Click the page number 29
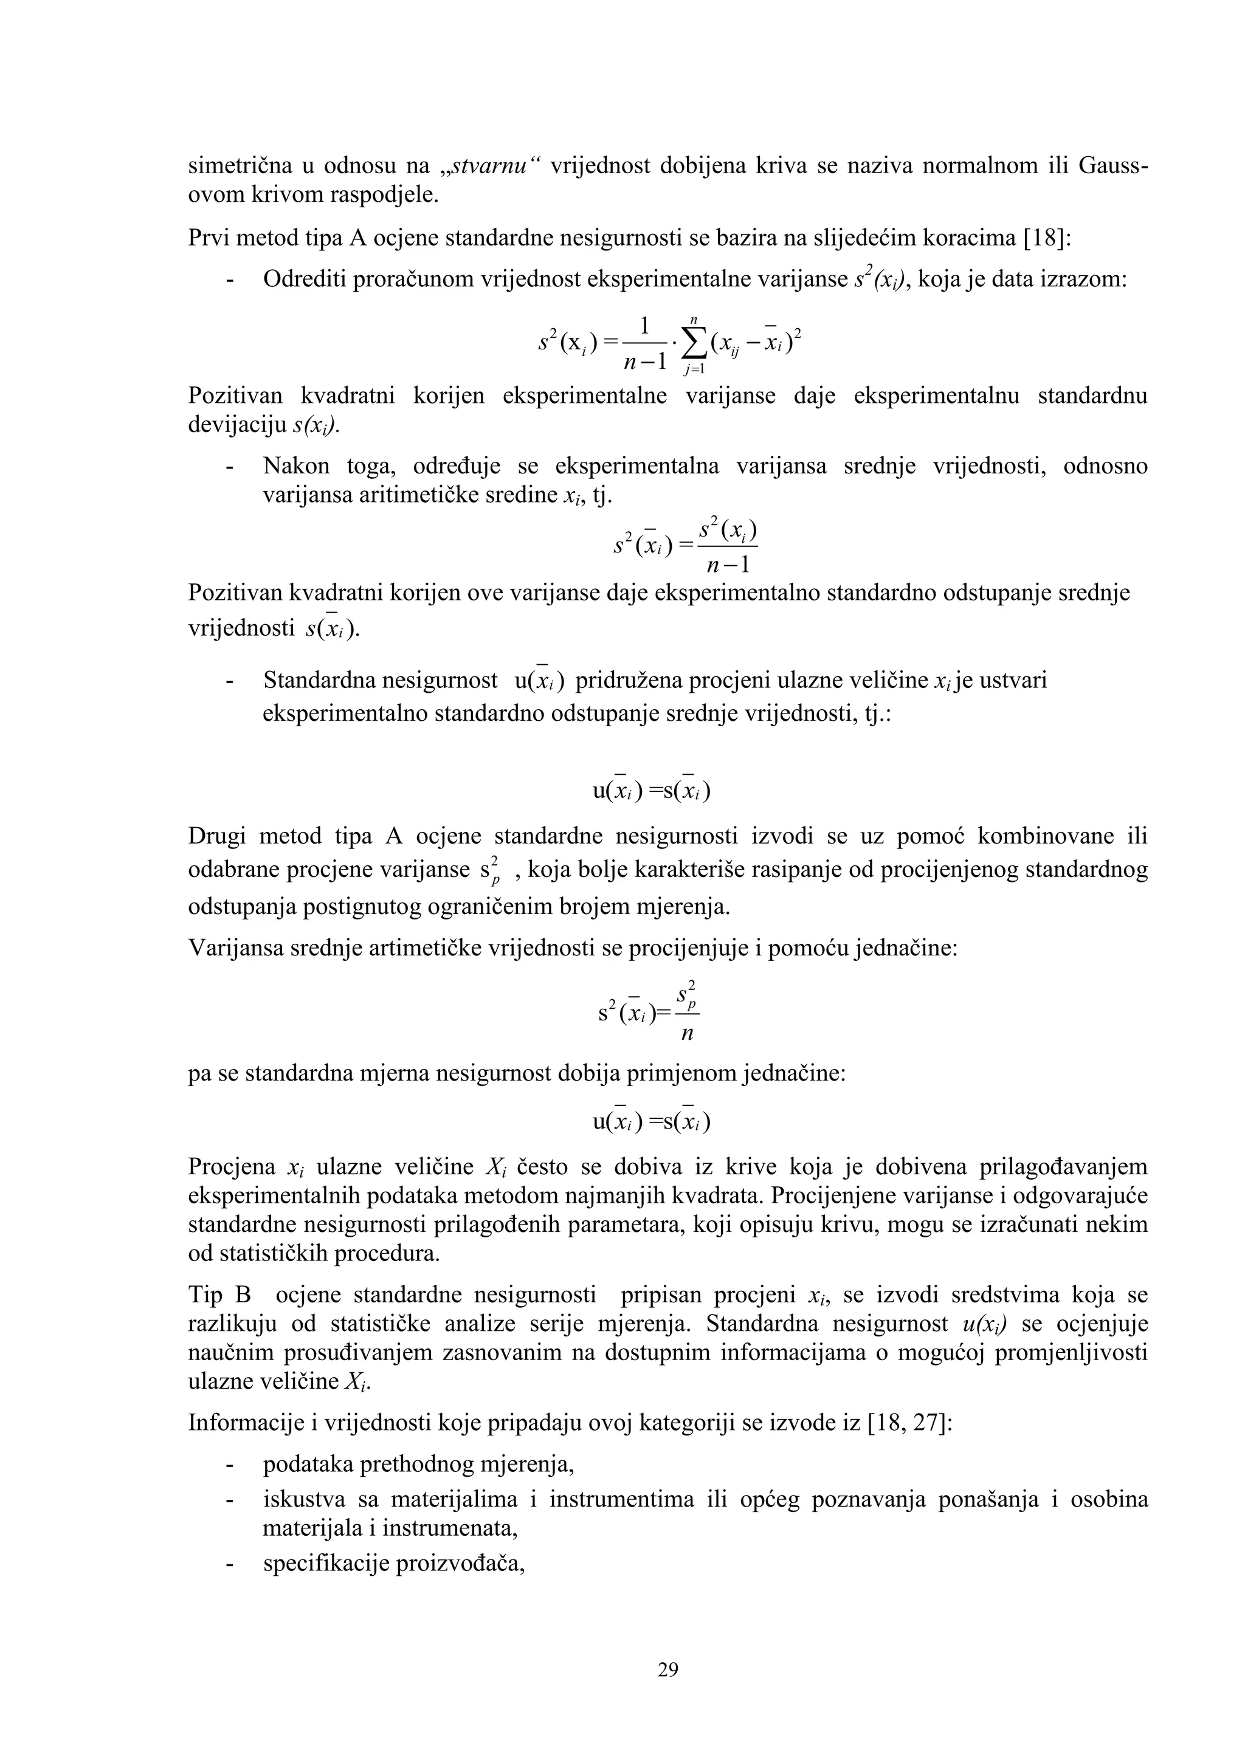(667, 1669)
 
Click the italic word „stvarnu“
(491, 165)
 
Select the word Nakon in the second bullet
(296, 466)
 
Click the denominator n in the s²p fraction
(687, 1034)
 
